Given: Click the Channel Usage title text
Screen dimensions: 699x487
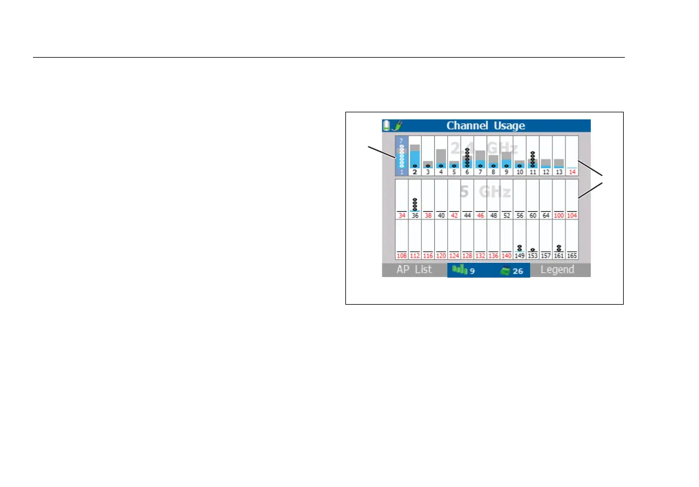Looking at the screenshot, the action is click(x=485, y=125).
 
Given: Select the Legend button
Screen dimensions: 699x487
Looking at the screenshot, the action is click(x=557, y=270).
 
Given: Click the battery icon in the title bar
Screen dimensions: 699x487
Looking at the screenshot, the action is click(x=387, y=125).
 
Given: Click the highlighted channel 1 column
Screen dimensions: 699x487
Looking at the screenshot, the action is click(x=401, y=156).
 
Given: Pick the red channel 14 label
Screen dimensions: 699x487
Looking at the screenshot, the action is click(x=572, y=172).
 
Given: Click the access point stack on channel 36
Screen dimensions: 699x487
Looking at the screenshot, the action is click(x=415, y=204).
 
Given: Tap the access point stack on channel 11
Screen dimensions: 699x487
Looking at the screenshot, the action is click(x=532, y=159).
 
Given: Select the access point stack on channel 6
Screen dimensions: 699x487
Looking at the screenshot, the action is click(x=467, y=158).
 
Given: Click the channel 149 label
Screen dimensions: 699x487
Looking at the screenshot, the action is click(x=520, y=256).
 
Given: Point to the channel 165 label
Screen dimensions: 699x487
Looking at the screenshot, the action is click(x=572, y=256).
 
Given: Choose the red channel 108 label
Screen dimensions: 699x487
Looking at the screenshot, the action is click(x=402, y=256).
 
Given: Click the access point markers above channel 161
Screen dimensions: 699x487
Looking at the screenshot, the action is click(x=559, y=248).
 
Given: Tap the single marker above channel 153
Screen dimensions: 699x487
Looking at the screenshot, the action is click(x=532, y=249).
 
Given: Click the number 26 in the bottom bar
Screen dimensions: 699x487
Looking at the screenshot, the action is click(x=518, y=271).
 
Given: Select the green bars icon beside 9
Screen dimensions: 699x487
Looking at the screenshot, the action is click(x=459, y=271).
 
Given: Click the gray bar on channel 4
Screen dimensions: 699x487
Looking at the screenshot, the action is click(x=441, y=156).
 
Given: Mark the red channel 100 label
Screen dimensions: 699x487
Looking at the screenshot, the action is click(x=559, y=216).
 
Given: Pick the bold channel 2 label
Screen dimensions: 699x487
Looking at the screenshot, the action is click(x=415, y=172).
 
